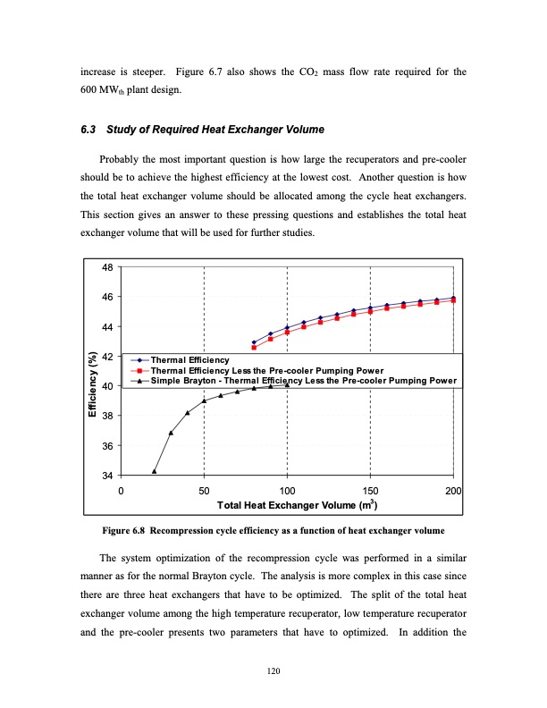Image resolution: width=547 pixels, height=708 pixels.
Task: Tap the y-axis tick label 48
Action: pos(107,267)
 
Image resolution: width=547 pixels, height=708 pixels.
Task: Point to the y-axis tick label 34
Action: pos(107,476)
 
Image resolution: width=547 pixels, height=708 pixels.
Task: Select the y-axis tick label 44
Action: pos(107,327)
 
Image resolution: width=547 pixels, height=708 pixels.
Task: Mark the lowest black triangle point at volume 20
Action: pos(155,471)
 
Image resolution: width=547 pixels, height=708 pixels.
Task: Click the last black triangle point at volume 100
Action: pos(287,385)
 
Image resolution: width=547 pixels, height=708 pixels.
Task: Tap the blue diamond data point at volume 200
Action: pos(453,298)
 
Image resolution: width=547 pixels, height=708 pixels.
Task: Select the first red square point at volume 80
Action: pos(254,347)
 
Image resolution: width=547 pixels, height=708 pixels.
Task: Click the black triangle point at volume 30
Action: pos(171,433)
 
